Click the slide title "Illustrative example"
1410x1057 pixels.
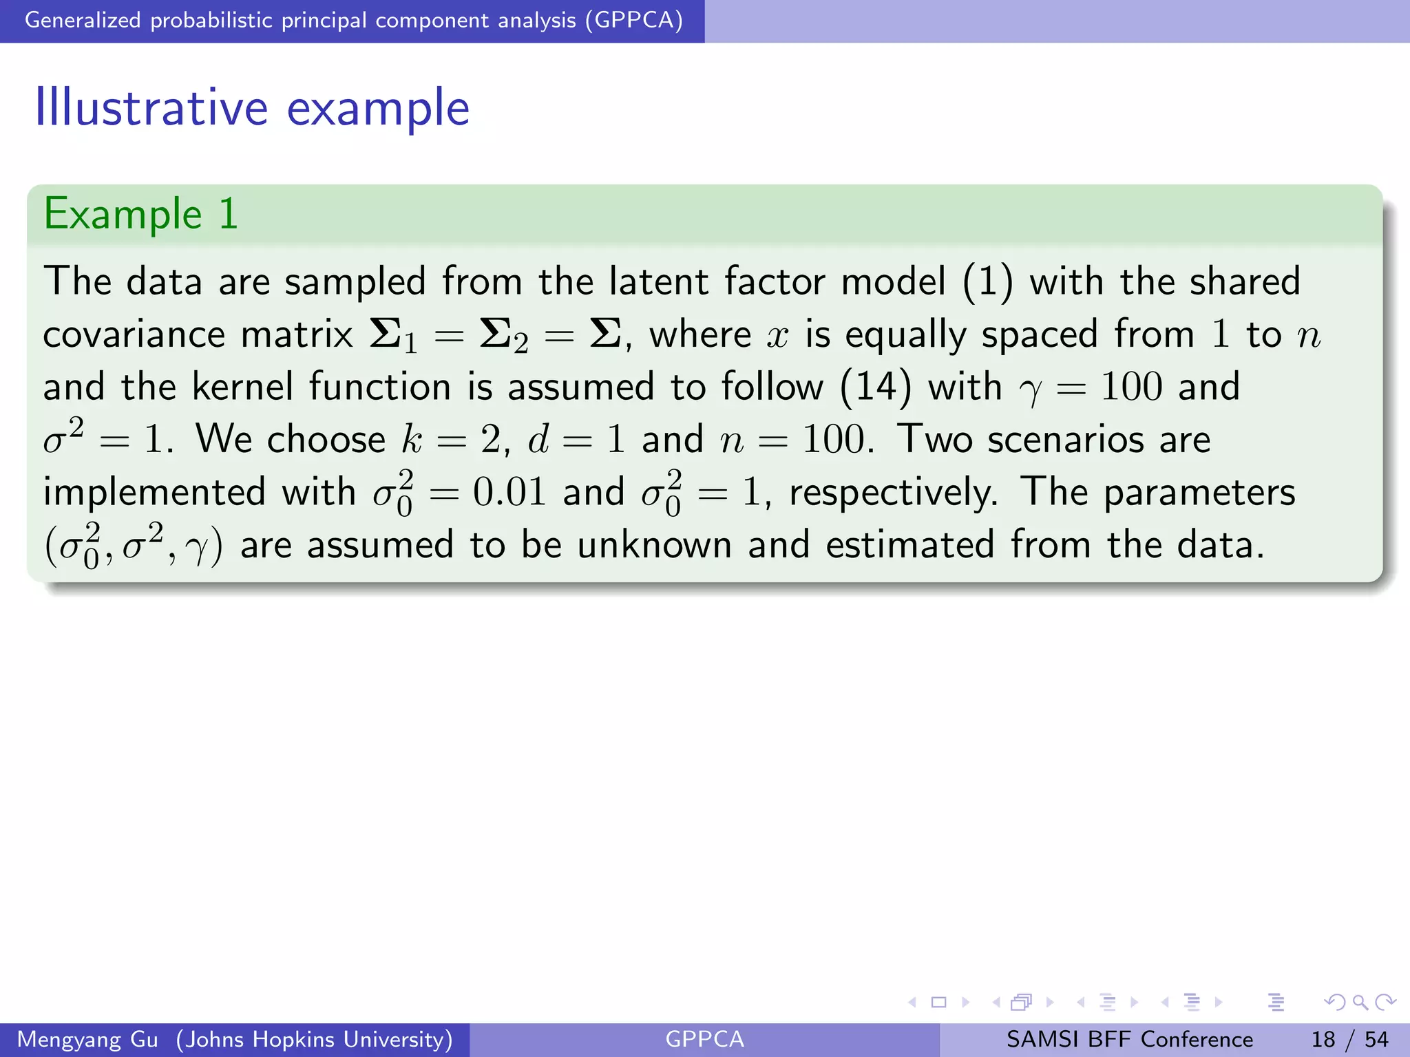tap(252, 108)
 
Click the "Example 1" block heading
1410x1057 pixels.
tap(140, 213)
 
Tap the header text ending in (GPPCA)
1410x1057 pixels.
tap(353, 20)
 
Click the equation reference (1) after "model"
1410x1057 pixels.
tap(987, 282)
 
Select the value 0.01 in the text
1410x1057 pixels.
tap(509, 493)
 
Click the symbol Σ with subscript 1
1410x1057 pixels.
tap(393, 336)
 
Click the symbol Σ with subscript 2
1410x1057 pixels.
tap(503, 336)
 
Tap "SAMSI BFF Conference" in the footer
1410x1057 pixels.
tap(1129, 1039)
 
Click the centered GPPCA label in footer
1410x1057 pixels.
tap(704, 1039)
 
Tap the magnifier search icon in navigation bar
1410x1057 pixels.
tap(1360, 1002)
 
